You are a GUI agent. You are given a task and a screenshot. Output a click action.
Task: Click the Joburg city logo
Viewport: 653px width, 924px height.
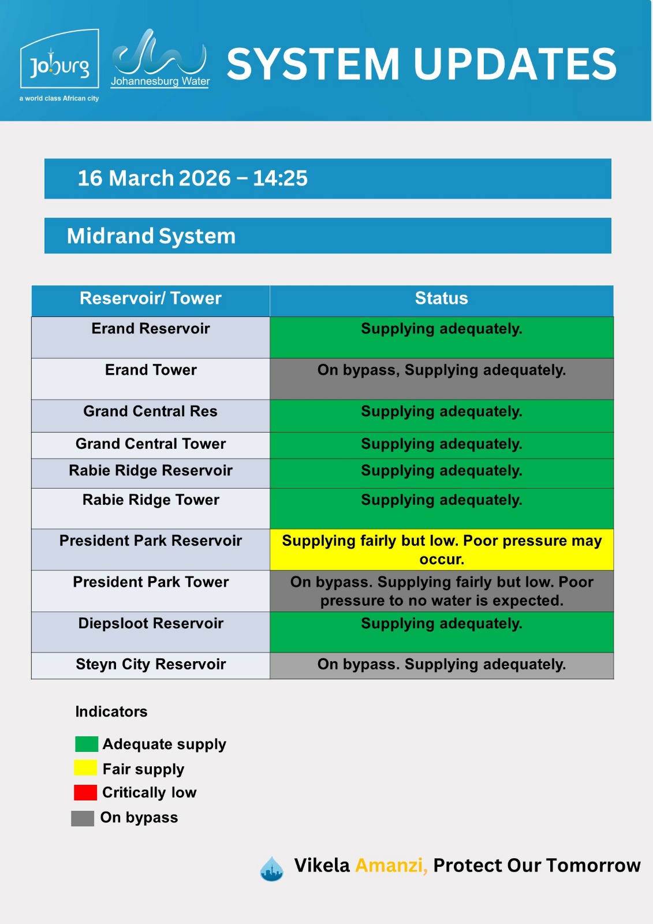pyautogui.click(x=59, y=65)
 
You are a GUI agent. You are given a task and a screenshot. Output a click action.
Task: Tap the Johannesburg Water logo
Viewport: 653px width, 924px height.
pyautogui.click(x=160, y=58)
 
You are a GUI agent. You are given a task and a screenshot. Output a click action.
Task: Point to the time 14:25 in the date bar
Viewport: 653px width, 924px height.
pyautogui.click(x=280, y=178)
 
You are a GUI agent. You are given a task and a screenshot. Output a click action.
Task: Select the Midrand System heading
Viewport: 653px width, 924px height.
pyautogui.click(x=151, y=236)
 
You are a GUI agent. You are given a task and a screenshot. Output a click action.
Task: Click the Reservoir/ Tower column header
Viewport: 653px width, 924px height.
pyautogui.click(x=151, y=298)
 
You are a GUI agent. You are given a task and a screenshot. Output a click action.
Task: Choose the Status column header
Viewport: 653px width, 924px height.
pyautogui.click(x=441, y=298)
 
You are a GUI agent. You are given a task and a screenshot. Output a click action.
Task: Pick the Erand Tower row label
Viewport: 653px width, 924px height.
pyautogui.click(x=151, y=370)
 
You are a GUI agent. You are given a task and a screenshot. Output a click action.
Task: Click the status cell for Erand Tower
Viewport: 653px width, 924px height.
pyautogui.click(x=441, y=379)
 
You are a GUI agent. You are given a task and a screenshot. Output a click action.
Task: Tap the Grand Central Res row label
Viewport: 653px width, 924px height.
pyautogui.click(x=150, y=411)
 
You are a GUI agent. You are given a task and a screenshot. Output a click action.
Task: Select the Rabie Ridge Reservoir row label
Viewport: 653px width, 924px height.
pyautogui.click(x=151, y=470)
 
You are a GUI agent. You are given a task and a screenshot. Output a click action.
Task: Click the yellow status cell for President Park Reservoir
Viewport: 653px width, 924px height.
pyautogui.click(x=441, y=549)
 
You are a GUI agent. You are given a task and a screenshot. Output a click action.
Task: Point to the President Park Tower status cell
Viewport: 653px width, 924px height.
pyautogui.click(x=441, y=591)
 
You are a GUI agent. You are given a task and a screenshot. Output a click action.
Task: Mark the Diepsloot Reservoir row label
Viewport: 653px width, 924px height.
pyautogui.click(x=151, y=623)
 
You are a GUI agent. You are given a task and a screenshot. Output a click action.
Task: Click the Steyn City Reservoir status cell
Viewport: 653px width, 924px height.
pyautogui.click(x=441, y=665)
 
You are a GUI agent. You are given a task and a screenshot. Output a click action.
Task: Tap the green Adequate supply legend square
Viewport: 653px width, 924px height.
pyautogui.click(x=87, y=744)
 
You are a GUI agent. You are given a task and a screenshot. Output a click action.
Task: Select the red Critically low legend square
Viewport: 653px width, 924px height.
pyautogui.click(x=85, y=792)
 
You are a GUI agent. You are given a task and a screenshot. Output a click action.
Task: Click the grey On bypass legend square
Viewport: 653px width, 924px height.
pyautogui.click(x=83, y=818)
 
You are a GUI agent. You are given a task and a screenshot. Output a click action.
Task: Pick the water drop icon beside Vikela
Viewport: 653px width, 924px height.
pyautogui.click(x=272, y=869)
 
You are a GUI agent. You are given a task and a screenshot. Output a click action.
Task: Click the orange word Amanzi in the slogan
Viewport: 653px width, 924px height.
pyautogui.click(x=391, y=866)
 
